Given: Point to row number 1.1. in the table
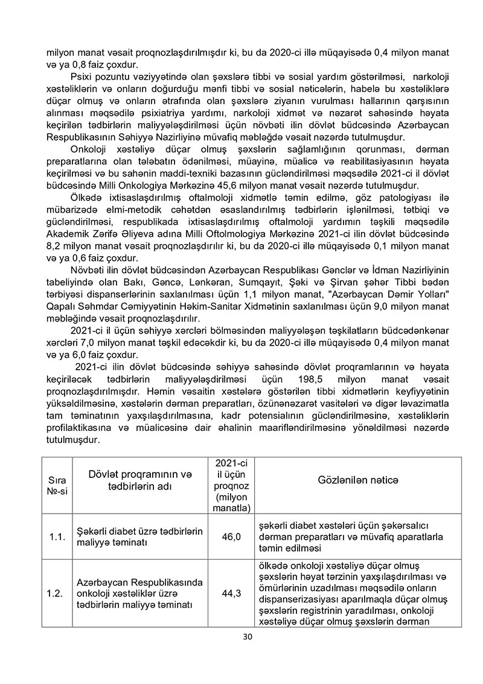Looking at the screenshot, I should (x=57, y=536).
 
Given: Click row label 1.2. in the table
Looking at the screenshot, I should (x=57, y=593).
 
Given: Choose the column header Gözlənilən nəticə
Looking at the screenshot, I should (x=359, y=479).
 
